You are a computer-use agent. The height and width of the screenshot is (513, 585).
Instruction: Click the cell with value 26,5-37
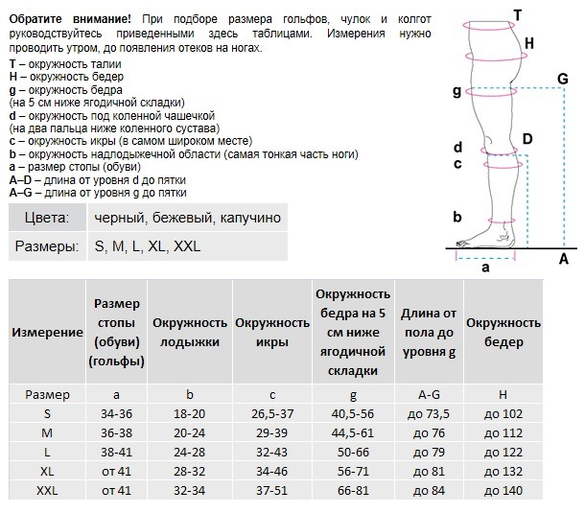[x=272, y=413]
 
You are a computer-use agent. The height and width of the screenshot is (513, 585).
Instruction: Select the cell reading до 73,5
[x=429, y=413]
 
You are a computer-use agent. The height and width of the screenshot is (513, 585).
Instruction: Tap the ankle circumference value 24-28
[x=190, y=452]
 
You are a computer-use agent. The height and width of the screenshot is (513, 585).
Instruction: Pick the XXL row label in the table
[x=47, y=490]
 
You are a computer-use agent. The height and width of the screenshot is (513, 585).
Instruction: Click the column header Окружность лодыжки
[x=190, y=332]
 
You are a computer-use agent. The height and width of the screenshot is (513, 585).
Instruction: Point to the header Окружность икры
[x=272, y=332]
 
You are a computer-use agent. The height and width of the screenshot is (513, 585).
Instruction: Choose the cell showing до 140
[x=503, y=490]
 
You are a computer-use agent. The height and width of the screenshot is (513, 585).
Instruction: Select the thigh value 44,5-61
[x=353, y=432]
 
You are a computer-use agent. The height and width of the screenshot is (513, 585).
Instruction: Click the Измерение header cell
[x=47, y=332]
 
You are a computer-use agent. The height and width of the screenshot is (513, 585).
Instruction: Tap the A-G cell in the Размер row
[x=429, y=394]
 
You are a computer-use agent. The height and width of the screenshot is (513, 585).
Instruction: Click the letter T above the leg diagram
[x=518, y=15]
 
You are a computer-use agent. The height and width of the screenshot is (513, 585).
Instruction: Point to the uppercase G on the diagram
[x=563, y=79]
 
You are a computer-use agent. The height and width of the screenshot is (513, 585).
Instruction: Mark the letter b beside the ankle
[x=457, y=217]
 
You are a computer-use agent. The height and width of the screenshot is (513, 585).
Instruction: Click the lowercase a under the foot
[x=485, y=268]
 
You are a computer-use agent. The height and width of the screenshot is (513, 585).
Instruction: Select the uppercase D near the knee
[x=527, y=139]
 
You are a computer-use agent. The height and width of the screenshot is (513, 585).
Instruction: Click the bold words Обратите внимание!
[x=70, y=19]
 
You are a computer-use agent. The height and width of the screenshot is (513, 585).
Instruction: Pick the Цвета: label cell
[x=47, y=217]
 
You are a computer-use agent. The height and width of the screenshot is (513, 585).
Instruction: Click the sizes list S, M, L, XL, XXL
[x=148, y=246]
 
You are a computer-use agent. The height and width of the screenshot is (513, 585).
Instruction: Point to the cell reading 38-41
[x=116, y=452]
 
